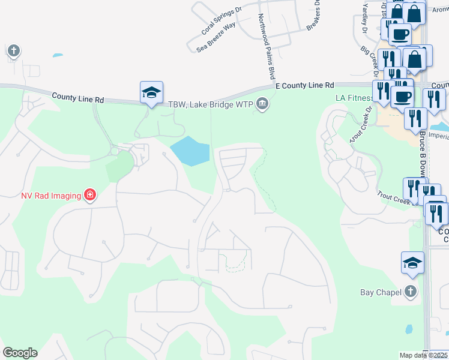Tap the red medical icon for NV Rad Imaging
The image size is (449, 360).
tap(90, 195)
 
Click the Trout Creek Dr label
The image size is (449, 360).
tap(361, 125)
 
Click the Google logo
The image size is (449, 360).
tap(20, 353)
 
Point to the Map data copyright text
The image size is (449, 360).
tap(424, 355)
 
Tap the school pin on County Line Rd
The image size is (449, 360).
tap(152, 93)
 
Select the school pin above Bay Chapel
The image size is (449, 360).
tap(412, 263)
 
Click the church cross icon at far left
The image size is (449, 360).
tap(14, 50)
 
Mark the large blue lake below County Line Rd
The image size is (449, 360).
tap(190, 151)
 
